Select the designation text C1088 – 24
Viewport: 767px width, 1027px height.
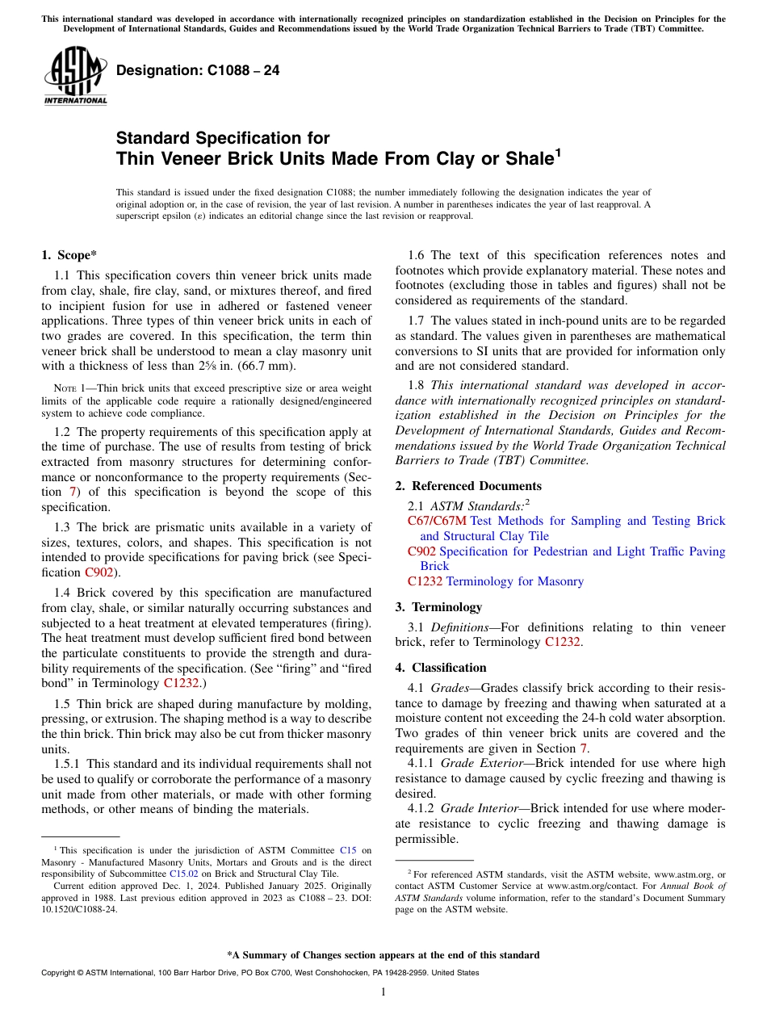click(198, 71)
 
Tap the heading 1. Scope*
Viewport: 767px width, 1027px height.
click(69, 256)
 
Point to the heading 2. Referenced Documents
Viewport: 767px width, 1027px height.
click(468, 486)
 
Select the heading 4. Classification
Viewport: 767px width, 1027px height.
click(441, 668)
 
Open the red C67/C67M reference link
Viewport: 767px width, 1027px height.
click(437, 521)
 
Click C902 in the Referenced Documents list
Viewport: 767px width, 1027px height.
click(421, 551)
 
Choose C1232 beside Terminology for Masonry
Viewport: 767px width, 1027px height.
click(425, 581)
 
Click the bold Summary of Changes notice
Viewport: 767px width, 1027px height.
click(383, 955)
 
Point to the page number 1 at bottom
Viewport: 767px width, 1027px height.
click(383, 992)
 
